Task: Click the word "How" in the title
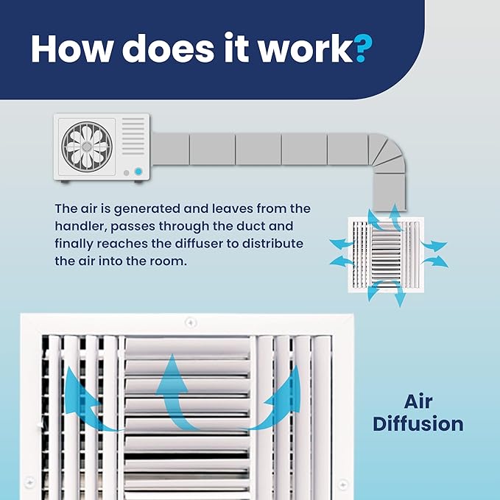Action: (x=71, y=48)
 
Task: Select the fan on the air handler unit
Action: (x=87, y=147)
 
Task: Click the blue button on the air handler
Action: (x=138, y=172)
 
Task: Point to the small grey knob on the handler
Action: (x=126, y=173)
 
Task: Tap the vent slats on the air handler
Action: (x=133, y=136)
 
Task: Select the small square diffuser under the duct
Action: (x=386, y=255)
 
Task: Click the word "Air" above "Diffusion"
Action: (x=418, y=401)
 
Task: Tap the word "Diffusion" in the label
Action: (x=418, y=424)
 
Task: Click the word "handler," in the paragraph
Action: (x=80, y=226)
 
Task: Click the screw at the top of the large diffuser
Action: (x=191, y=323)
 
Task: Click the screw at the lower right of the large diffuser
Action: (x=342, y=485)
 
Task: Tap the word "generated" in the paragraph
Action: (x=147, y=209)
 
